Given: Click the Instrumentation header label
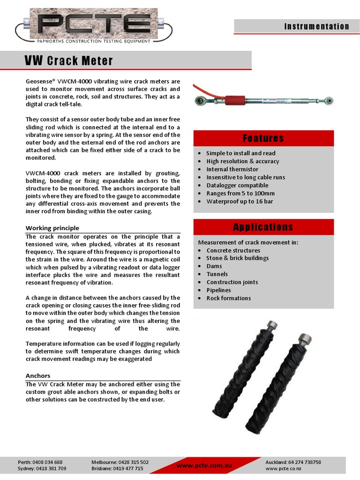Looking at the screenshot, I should tap(316, 27).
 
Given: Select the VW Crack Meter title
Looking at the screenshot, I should tap(69, 61).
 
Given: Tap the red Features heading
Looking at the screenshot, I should tap(263, 138).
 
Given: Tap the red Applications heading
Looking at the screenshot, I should tap(263, 227).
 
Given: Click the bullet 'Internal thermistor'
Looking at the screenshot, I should tap(232, 169).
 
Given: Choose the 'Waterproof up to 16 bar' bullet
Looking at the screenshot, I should tap(240, 201).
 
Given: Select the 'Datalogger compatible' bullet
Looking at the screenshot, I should tap(237, 185).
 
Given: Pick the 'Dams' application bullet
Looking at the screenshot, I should tap(214, 266).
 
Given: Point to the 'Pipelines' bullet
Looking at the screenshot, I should tap(218, 290).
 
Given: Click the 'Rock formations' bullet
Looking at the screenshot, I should tap(228, 298).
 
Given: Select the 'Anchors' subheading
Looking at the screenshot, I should tap(38, 376).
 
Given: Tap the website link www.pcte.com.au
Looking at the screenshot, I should tap(204, 465).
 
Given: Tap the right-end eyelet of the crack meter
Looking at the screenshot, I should tap(329, 100).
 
